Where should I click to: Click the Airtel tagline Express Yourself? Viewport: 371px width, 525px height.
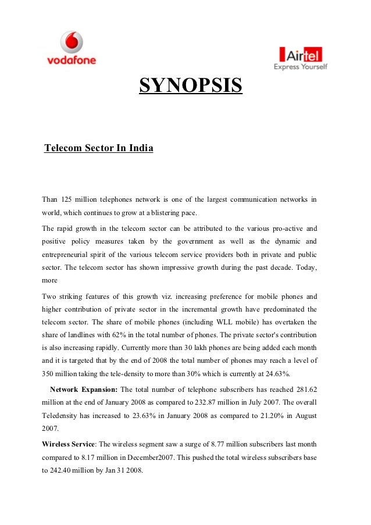pos(301,67)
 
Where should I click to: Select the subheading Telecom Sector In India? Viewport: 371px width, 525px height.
pos(99,148)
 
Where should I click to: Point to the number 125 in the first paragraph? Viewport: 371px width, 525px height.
pos(68,200)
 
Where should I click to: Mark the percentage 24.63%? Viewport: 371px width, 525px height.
pos(277,373)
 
